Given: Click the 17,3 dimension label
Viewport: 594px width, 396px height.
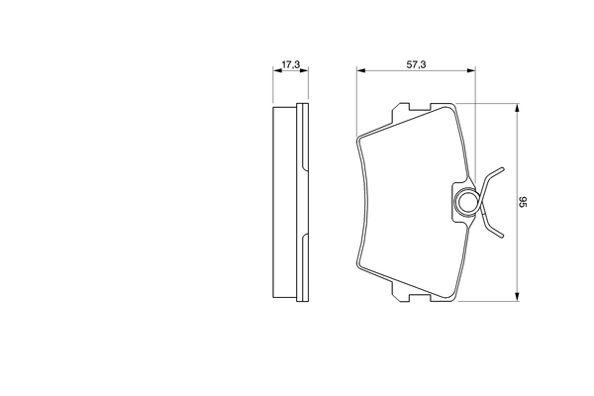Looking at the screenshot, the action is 291,64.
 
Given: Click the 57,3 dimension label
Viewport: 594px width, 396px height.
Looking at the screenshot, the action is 416,64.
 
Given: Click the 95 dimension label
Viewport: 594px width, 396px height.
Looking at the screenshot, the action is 523,202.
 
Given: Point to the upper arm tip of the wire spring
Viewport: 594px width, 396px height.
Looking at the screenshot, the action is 502,169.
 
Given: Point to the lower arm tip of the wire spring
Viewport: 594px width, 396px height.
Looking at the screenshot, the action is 502,236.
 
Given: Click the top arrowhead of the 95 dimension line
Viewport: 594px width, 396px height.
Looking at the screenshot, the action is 517,108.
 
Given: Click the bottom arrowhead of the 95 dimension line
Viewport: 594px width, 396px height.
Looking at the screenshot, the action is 517,297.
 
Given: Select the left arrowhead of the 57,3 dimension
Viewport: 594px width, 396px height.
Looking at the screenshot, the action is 361,70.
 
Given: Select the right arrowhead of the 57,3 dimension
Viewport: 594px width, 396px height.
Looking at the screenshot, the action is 470,70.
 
